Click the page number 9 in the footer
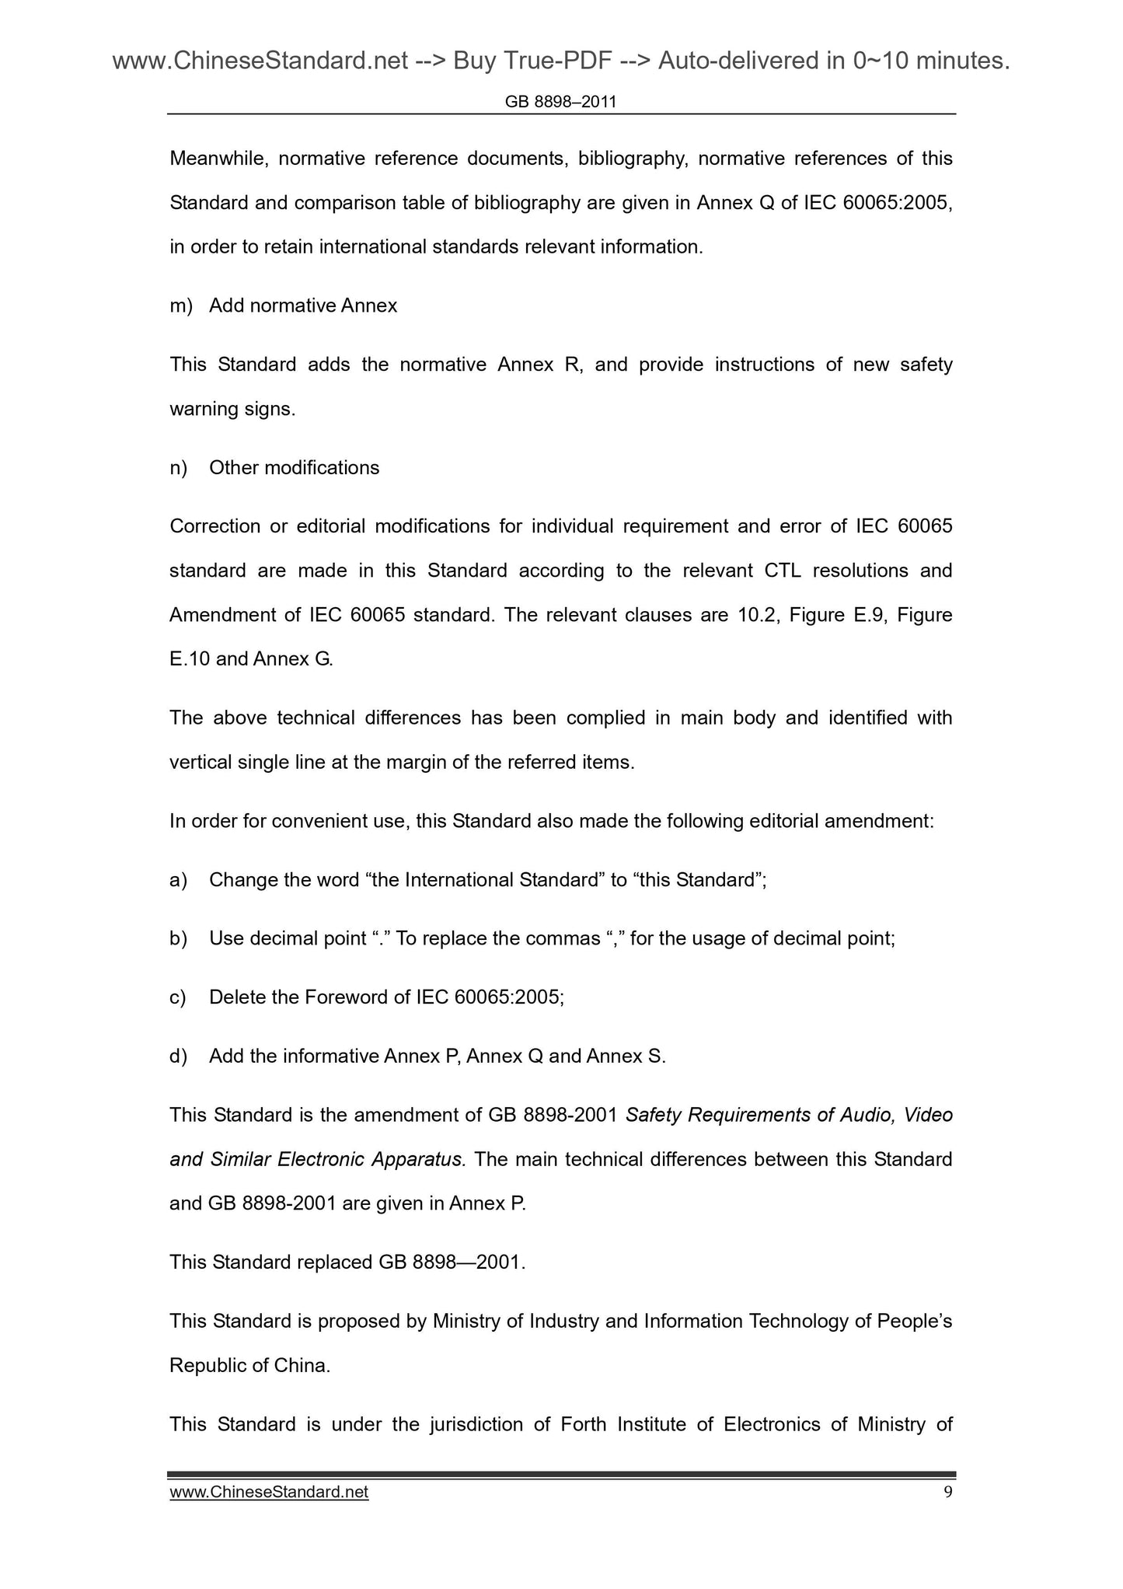pyautogui.click(x=947, y=1492)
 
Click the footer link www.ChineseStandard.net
pyautogui.click(x=269, y=1492)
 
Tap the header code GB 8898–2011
pyautogui.click(x=560, y=102)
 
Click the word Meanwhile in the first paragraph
pyautogui.click(x=218, y=159)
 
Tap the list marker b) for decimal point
pyautogui.click(x=179, y=938)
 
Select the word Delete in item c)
pyautogui.click(x=237, y=997)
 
